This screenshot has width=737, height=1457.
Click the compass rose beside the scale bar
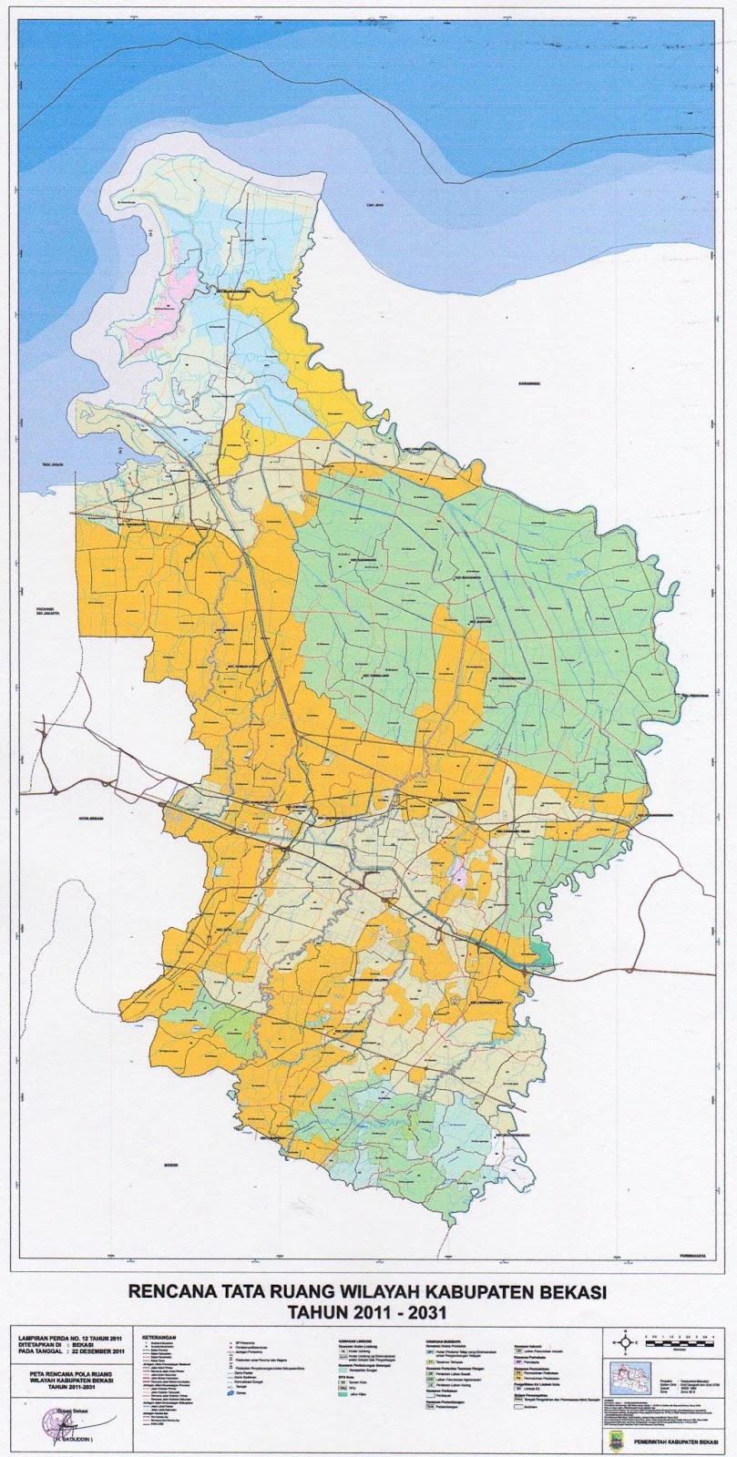(x=625, y=1340)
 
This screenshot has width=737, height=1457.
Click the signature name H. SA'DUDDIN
(x=65, y=1440)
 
